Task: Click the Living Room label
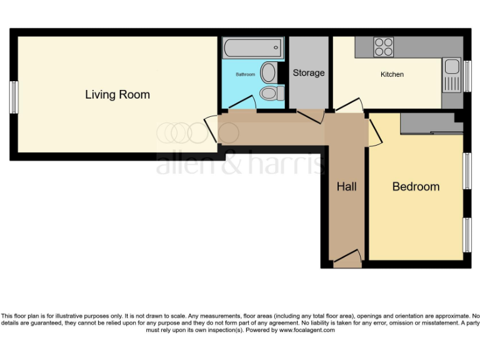tap(117, 95)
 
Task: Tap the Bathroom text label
tap(245, 74)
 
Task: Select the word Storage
tap(309, 73)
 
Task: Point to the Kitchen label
tap(392, 74)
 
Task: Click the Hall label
tap(346, 186)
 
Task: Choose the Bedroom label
tap(416, 186)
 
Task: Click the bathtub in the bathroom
tap(252, 48)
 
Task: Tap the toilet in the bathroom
tap(272, 94)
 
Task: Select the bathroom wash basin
tap(269, 72)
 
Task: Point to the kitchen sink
tap(451, 74)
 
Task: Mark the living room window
tap(13, 97)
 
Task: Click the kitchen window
tap(466, 75)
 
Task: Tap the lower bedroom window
tap(466, 235)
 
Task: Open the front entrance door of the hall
tap(346, 258)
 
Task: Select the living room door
tap(212, 129)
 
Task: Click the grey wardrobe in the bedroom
tap(431, 124)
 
